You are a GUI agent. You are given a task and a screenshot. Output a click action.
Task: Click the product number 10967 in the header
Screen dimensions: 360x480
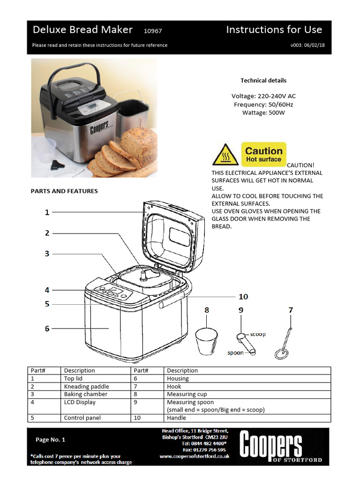[x=153, y=31]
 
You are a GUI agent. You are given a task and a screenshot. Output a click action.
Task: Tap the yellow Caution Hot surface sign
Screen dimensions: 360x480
[x=263, y=154]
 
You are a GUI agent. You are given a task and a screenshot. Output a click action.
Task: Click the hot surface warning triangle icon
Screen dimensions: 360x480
[x=225, y=155]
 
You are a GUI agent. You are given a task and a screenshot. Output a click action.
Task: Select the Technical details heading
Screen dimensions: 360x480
[x=263, y=81]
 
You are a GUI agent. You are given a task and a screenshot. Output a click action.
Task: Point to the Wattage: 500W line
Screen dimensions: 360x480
[x=263, y=112]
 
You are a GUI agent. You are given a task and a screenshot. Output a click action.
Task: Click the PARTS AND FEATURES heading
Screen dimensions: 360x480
[x=64, y=191]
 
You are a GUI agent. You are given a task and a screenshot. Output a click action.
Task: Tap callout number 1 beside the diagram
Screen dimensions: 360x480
[x=47, y=212]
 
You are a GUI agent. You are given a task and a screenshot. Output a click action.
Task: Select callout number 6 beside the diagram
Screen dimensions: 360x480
[x=47, y=329]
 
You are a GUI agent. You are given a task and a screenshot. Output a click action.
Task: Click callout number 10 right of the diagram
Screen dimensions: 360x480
[x=243, y=297]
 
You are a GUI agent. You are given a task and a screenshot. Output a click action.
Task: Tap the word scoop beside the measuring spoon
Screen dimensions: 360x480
[x=257, y=334]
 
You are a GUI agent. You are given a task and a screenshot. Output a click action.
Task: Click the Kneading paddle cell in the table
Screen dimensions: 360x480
[x=87, y=387]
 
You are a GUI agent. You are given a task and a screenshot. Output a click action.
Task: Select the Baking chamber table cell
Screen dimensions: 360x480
[x=86, y=394]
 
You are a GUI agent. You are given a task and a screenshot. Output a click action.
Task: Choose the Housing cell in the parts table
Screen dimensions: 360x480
[x=178, y=379]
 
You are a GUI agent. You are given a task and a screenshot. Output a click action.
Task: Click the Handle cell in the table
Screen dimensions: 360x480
[x=176, y=418]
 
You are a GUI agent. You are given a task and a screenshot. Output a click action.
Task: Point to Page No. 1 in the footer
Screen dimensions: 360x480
[x=51, y=440]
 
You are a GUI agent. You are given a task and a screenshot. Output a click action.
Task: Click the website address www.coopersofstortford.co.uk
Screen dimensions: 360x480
[x=195, y=456]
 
